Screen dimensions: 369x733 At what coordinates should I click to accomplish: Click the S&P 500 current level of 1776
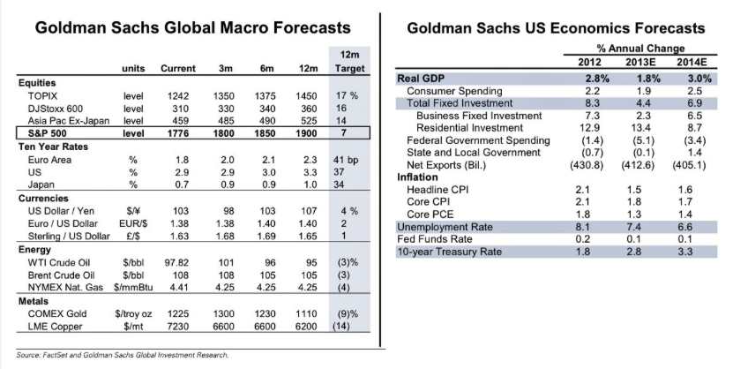pyautogui.click(x=180, y=132)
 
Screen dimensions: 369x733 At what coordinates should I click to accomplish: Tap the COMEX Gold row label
pyautogui.click(x=61, y=314)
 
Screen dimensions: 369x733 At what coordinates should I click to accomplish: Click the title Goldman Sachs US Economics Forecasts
pyautogui.click(x=556, y=28)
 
